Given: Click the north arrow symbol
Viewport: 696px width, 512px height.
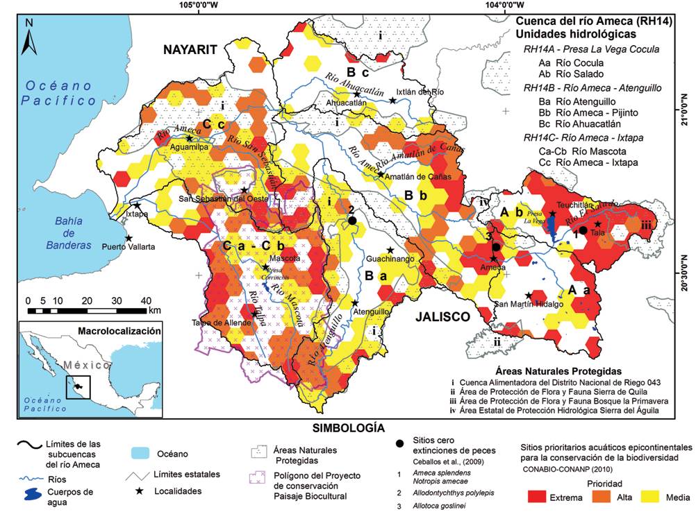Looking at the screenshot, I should point(28,37).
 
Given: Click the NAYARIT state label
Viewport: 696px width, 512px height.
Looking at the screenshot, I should point(190,49).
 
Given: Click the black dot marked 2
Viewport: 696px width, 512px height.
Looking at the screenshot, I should point(352,221).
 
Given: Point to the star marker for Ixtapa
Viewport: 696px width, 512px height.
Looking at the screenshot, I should point(138,205).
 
